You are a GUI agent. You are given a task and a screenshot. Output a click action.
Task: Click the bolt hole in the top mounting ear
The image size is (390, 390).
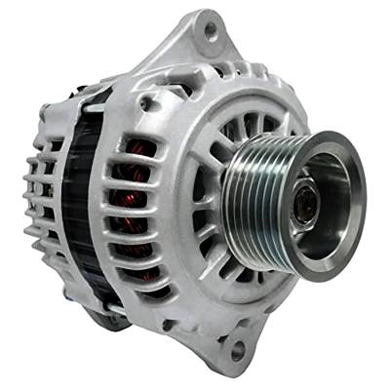tap(208, 32)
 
